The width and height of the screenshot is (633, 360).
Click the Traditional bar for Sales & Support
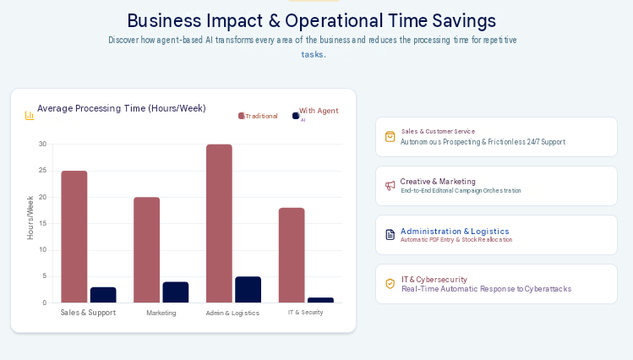(74, 237)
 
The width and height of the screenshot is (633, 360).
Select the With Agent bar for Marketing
(176, 292)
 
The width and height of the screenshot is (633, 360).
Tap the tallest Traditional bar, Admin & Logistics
(219, 224)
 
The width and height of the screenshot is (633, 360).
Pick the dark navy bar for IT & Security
(320, 300)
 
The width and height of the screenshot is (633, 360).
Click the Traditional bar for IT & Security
(292, 255)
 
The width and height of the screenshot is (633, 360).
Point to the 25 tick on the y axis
(43, 171)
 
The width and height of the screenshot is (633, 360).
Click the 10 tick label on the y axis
(43, 250)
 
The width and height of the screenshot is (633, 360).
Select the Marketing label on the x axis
(161, 313)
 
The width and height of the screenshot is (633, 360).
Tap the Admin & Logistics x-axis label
(232, 313)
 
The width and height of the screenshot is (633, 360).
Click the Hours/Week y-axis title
(30, 218)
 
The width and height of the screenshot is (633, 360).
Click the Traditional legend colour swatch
(242, 116)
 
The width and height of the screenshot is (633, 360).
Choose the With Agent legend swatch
(296, 116)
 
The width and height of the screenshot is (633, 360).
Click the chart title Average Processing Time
(122, 108)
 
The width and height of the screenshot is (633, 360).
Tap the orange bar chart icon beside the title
(30, 116)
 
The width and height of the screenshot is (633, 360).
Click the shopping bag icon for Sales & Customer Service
(390, 137)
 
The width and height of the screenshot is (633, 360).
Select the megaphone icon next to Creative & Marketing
(390, 186)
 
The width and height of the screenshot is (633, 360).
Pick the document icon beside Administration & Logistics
(390, 234)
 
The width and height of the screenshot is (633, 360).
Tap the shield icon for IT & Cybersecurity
(390, 284)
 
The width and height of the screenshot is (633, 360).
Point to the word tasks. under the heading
(314, 54)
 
